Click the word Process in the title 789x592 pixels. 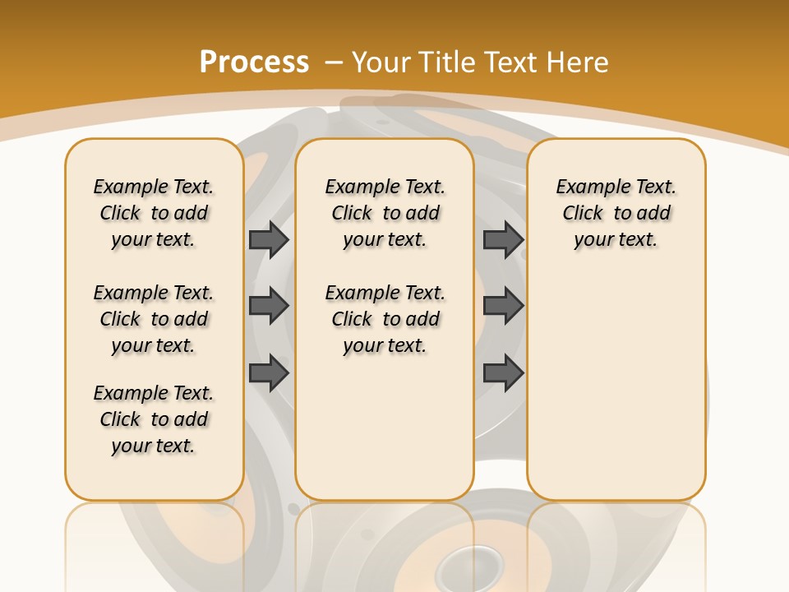[x=254, y=62]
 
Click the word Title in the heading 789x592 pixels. [x=448, y=62]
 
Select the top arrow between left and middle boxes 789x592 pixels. [x=269, y=239]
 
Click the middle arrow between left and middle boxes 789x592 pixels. [x=269, y=306]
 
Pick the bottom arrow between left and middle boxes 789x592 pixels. [x=269, y=373]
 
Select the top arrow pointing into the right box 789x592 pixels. [x=504, y=239]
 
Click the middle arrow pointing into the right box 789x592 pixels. [x=504, y=306]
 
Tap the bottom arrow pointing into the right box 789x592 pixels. [x=504, y=373]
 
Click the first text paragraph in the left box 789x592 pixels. [x=154, y=213]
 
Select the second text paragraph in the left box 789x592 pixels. [x=154, y=319]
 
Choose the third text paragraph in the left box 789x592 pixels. [x=154, y=419]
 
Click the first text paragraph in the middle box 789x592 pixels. [x=385, y=213]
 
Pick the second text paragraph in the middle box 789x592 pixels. [x=385, y=319]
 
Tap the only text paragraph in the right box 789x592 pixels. [x=616, y=213]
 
